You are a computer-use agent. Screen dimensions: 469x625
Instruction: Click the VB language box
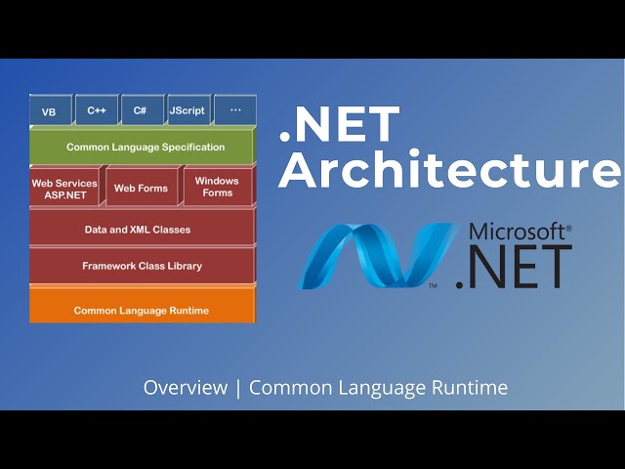49,111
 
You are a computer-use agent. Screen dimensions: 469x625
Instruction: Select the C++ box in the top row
97,110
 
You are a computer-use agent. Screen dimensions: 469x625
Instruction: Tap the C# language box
141,110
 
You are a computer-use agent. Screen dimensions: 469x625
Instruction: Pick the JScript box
187,110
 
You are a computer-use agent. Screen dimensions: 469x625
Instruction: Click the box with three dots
234,110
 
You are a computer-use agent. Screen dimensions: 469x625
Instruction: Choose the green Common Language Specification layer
145,148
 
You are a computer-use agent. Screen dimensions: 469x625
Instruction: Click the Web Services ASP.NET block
64,188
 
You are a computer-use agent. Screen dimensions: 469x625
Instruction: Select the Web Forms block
141,188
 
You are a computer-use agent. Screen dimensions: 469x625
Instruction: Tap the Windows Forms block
217,187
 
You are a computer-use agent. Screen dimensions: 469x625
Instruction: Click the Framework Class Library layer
143,266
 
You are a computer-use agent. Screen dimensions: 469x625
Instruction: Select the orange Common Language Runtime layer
142,311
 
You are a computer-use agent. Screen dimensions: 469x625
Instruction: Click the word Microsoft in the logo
517,233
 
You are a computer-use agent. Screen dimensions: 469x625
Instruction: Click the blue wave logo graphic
376,257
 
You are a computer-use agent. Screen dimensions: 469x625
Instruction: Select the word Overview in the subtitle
185,388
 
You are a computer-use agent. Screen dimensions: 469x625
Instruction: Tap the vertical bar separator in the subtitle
237,388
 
